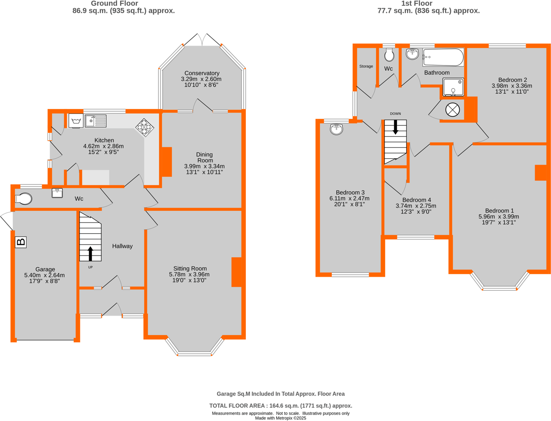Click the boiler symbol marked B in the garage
pyautogui.click(x=21, y=242)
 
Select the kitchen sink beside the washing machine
pyautogui.click(x=94, y=121)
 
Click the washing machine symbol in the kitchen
pyautogui.click(x=75, y=121)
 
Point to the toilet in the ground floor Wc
pyautogui.click(x=24, y=199)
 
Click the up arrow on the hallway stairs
pyautogui.click(x=90, y=254)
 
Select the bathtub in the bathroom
pyautogui.click(x=443, y=58)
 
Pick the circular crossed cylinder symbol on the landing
pyautogui.click(x=452, y=110)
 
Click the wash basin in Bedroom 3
pyautogui.click(x=337, y=130)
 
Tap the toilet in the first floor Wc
pyautogui.click(x=389, y=55)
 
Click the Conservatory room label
pyautogui.click(x=202, y=73)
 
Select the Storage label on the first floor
pyautogui.click(x=366, y=66)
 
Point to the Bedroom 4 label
pyautogui.click(x=416, y=200)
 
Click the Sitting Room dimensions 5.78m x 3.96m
pyautogui.click(x=189, y=274)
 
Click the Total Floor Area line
pyautogui.click(x=281, y=406)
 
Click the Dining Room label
pyautogui.click(x=204, y=157)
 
